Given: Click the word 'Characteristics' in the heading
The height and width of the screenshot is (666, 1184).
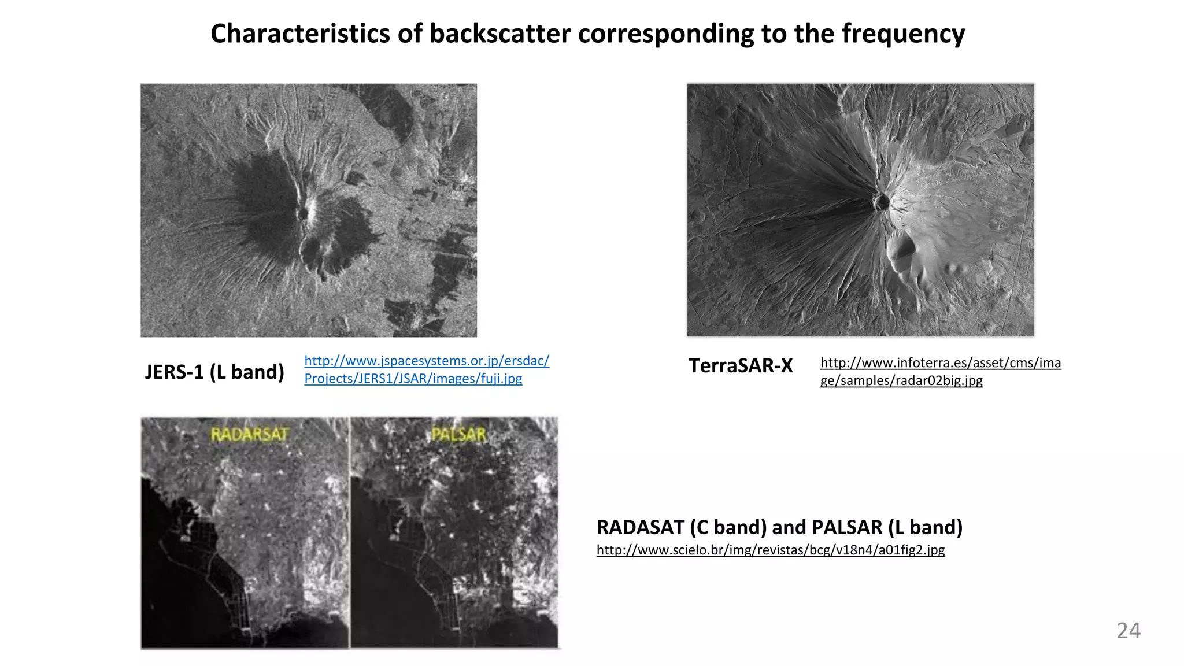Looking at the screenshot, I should (x=300, y=34).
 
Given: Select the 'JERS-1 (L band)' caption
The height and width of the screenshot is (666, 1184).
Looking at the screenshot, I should (x=214, y=372).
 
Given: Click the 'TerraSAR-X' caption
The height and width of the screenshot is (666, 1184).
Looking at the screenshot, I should (x=741, y=365).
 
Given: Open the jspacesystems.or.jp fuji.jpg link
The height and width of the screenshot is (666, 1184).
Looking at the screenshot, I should (x=426, y=369).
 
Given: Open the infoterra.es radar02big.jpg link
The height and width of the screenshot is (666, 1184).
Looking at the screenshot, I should (x=940, y=371).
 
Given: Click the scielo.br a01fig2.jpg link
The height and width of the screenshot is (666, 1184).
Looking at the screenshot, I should (x=770, y=550).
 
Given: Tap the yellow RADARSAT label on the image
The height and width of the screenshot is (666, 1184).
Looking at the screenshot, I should (x=249, y=435).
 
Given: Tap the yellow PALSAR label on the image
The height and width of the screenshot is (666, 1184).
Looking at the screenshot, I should (x=459, y=435).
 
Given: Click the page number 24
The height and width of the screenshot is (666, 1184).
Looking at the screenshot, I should (x=1128, y=630).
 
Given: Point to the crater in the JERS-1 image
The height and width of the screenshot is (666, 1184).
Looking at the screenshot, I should (x=302, y=214).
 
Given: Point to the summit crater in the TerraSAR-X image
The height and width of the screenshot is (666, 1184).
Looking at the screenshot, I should (x=881, y=202).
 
